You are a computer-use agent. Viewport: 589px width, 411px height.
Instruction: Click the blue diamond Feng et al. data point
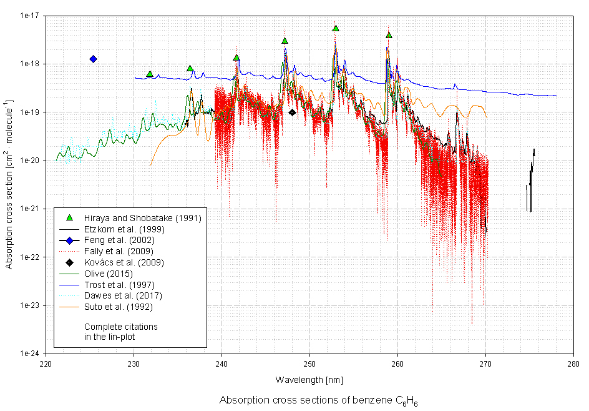[93, 59]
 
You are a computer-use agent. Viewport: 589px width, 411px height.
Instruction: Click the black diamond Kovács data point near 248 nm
[292, 112]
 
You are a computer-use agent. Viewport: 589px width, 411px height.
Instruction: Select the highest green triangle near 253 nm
[336, 28]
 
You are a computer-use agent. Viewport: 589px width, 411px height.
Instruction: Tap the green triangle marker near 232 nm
[150, 74]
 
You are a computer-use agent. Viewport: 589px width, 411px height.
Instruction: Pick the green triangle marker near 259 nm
[389, 35]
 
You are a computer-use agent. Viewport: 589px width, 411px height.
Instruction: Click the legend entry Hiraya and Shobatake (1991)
[134, 217]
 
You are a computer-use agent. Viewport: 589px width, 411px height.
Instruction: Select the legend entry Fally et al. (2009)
[119, 251]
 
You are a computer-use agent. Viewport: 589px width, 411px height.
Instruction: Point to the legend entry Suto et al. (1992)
[118, 307]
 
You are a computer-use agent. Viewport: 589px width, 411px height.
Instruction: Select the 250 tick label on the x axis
[309, 363]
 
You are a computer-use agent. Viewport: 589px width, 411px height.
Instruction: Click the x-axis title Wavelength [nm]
[309, 380]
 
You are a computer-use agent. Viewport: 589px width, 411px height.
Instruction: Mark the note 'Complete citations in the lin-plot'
[121, 332]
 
